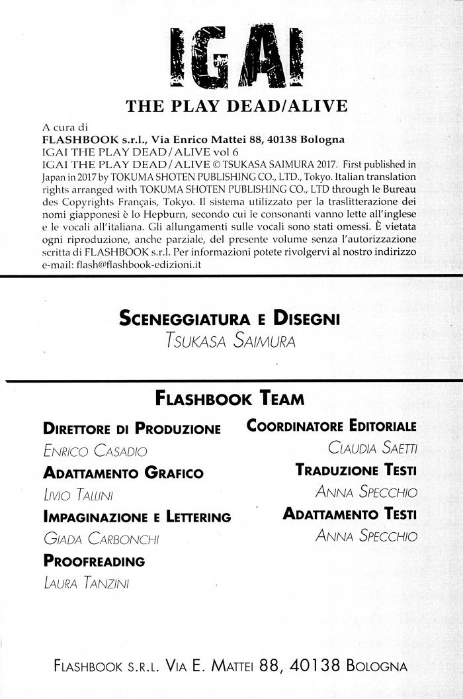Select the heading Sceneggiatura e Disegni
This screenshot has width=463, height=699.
pos(229,320)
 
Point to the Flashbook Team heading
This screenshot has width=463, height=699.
pos(229,399)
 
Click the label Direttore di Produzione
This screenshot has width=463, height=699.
pos(132,428)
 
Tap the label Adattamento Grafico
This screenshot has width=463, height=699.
pos(123,473)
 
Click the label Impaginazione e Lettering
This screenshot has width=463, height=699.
pos(136,517)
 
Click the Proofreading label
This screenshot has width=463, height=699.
pos(93,561)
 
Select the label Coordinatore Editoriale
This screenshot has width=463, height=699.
pos(331,426)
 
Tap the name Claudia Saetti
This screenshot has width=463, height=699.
pos(372,449)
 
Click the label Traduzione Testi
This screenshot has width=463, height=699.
pos(355,470)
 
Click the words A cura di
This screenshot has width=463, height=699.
pos(64,127)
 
